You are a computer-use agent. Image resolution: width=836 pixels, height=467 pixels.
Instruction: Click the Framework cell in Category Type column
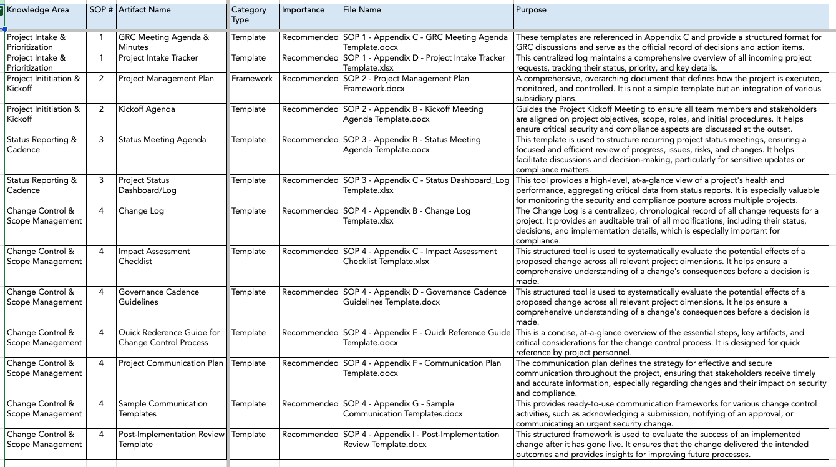(x=252, y=79)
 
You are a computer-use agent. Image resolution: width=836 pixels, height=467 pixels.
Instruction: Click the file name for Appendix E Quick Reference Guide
(x=427, y=337)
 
